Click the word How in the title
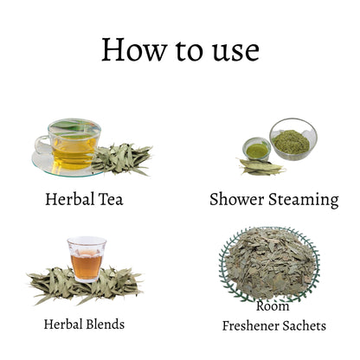click(x=134, y=49)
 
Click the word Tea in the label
click(x=111, y=199)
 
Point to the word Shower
click(x=237, y=199)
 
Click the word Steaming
click(x=304, y=201)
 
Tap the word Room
click(x=273, y=305)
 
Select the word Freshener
click(x=250, y=326)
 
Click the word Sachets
click(x=305, y=326)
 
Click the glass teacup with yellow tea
click(x=71, y=145)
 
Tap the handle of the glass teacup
click(x=42, y=145)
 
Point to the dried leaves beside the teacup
click(x=123, y=159)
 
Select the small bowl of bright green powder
click(x=256, y=149)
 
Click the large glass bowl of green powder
click(x=293, y=139)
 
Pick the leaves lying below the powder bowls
click(x=261, y=167)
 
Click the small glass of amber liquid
click(x=87, y=259)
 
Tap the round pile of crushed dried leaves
click(x=270, y=263)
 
